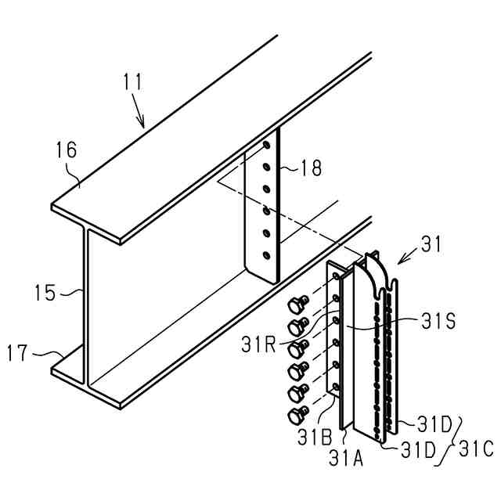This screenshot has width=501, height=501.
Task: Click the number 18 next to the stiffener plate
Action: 312,168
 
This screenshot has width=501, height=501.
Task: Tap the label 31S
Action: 432,319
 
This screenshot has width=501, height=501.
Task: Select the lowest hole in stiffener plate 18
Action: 267,255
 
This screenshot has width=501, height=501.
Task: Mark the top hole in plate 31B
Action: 337,276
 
